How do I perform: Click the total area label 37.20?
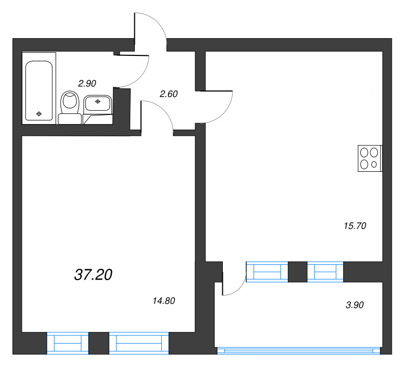pyautogui.click(x=93, y=275)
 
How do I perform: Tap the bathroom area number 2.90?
pyautogui.click(x=87, y=82)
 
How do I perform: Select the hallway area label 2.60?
pyautogui.click(x=168, y=94)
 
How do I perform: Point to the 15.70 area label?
pyautogui.click(x=356, y=225)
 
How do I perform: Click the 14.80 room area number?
pyautogui.click(x=164, y=300)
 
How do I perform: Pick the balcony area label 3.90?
pyautogui.click(x=355, y=305)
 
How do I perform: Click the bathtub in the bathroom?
pyautogui.click(x=39, y=91)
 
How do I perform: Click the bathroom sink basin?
pyautogui.click(x=98, y=103)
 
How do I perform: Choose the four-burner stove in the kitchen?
pyautogui.click(x=369, y=158)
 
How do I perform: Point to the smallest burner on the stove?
pyautogui.click(x=375, y=164)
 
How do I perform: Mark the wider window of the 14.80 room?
pyautogui.click(x=138, y=343)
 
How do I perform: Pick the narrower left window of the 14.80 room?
pyautogui.click(x=68, y=343)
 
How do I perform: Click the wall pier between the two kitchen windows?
pyautogui.click(x=298, y=271)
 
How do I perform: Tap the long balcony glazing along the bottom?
pyautogui.click(x=299, y=350)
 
